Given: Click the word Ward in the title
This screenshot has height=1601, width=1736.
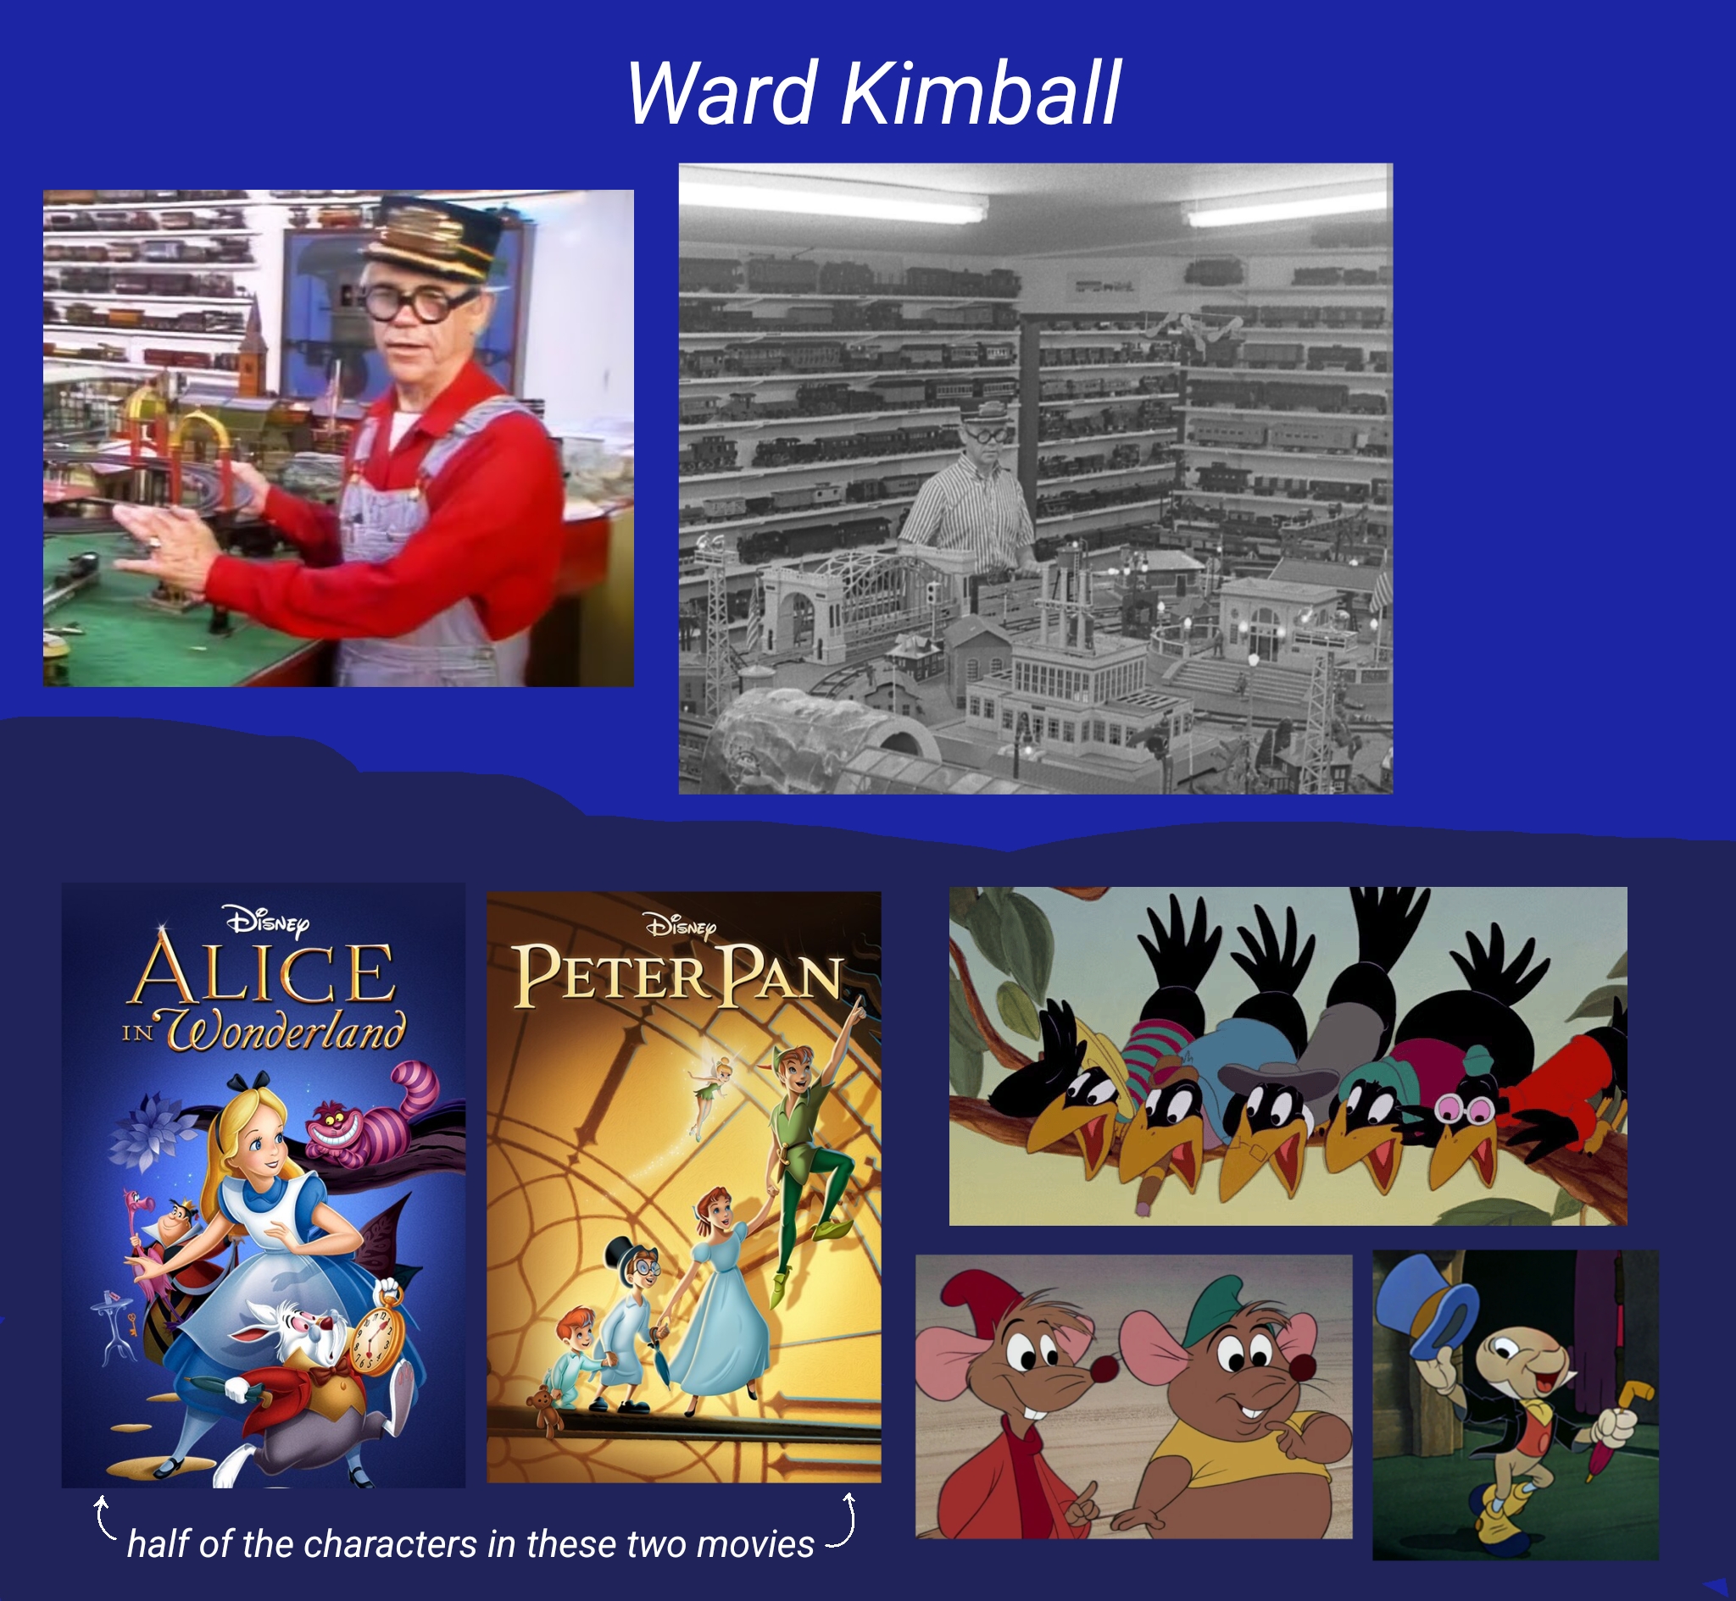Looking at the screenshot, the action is (x=722, y=92).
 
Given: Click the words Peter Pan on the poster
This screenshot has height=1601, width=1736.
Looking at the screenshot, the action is (x=678, y=976).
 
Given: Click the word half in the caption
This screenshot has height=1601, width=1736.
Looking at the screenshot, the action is (x=159, y=1543).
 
